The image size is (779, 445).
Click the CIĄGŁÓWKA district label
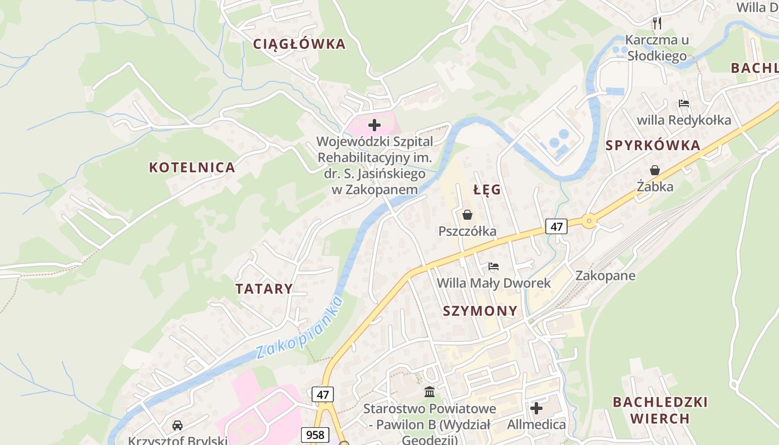coord(299,44)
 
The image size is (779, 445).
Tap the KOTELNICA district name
coord(192,167)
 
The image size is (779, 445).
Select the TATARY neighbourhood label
coord(264,289)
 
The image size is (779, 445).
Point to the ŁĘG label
coord(487,190)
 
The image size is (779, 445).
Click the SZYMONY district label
coord(480,311)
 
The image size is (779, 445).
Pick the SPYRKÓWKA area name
coord(653,146)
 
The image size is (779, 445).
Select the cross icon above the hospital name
coord(374,125)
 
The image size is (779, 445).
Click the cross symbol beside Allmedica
coord(536,409)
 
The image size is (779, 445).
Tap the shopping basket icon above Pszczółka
coord(467,215)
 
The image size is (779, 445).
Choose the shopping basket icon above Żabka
coord(655,170)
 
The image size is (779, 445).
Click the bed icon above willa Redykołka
coord(684,103)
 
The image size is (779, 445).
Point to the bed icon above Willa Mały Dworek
coord(494,267)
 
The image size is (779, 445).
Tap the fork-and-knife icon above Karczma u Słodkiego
coord(657,23)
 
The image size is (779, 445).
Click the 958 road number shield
coord(315,434)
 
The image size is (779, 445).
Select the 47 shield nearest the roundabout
coord(556,226)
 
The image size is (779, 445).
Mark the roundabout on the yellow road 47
coord(589,221)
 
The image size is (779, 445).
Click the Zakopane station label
coord(605,276)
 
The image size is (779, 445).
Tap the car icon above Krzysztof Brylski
coord(178,426)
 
